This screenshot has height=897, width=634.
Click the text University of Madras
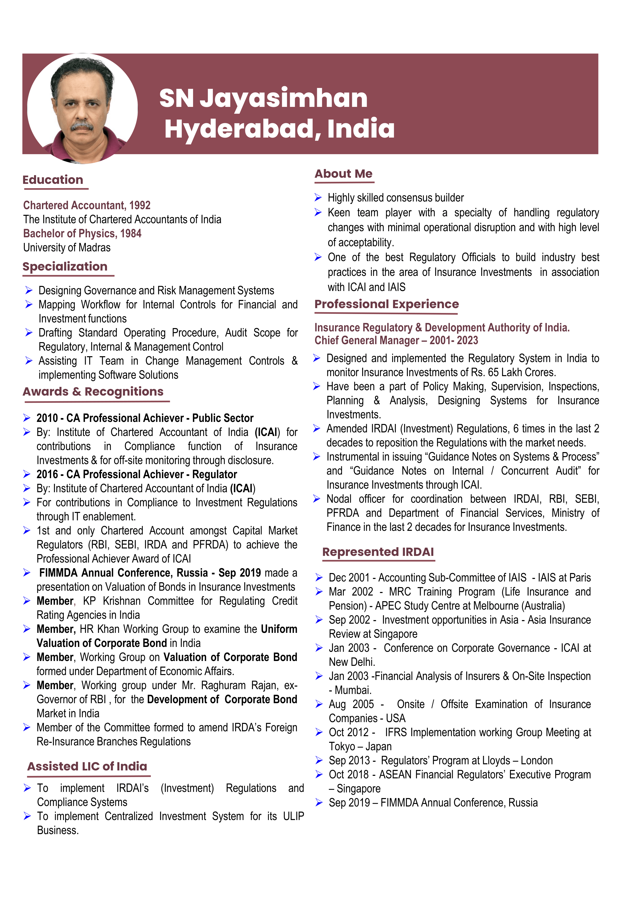[x=67, y=248]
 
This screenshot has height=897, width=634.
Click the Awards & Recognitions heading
[x=93, y=391]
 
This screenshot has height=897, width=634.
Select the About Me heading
[x=343, y=174]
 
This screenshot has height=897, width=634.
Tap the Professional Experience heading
[x=386, y=304]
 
